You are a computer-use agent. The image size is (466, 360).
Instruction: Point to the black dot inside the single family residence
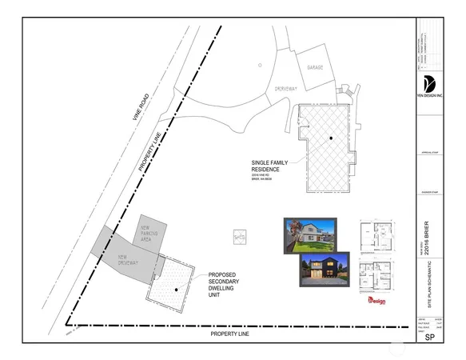coord(329,140)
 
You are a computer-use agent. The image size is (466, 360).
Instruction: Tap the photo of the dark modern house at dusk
coord(325,270)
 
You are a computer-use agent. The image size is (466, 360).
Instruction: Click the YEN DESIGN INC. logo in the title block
coord(428,86)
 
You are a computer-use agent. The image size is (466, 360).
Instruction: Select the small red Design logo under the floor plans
coord(375,302)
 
